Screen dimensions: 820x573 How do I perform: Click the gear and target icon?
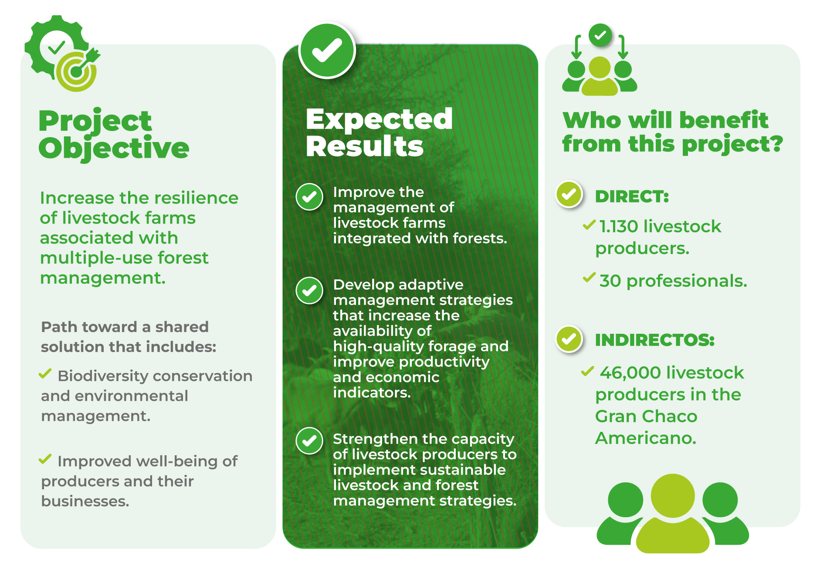pos(62,53)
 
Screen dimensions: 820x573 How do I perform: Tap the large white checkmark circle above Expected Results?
pos(327,51)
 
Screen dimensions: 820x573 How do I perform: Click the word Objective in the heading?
pos(114,148)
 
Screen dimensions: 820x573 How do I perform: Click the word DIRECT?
pos(632,197)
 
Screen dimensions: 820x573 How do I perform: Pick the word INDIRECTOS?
pos(655,340)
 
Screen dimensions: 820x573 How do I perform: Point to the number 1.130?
pos(619,227)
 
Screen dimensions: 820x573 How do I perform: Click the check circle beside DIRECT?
pos(569,194)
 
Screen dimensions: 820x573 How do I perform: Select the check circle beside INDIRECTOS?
pos(569,339)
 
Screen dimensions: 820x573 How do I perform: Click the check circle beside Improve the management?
pos(309,197)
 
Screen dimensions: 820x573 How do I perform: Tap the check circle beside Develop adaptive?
pos(309,290)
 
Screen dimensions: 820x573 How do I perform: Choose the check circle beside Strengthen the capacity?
pos(309,441)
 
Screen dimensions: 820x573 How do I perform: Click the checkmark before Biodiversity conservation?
pos(45,374)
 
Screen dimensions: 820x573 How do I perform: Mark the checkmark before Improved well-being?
pos(45,459)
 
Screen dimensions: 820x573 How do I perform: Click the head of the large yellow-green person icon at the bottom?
pos(673,496)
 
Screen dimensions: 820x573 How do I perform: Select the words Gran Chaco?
pos(646,416)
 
